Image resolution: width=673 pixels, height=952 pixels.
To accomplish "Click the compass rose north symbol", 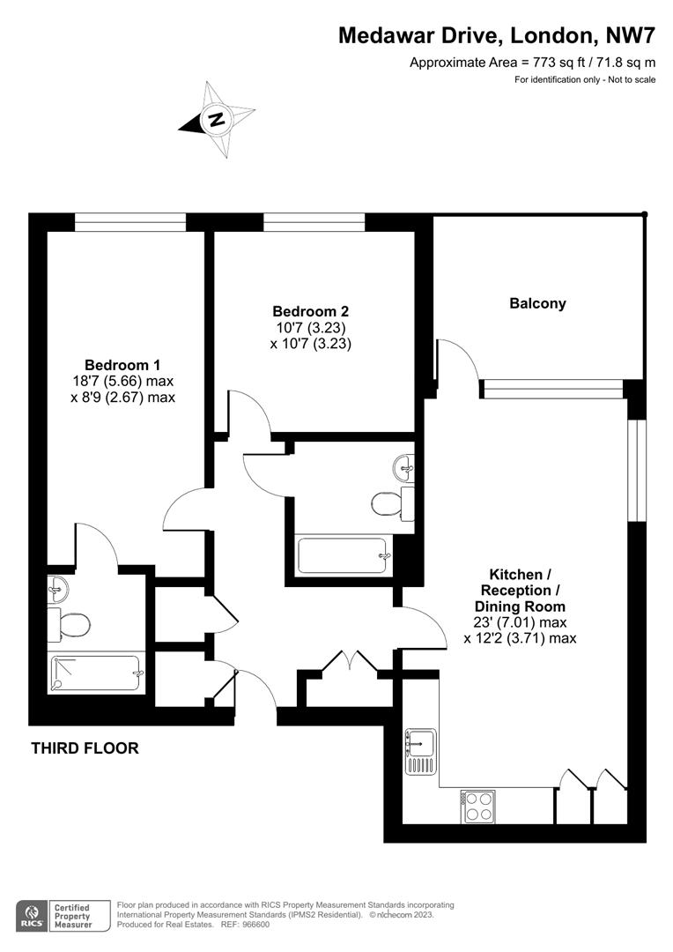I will point(216,118).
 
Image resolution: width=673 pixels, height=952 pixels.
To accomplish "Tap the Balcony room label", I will point(537,303).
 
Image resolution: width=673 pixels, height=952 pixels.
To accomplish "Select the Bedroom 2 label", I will point(310,311).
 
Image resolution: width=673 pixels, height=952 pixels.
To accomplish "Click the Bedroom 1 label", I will point(122,365).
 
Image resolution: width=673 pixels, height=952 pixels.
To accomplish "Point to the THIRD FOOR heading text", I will point(85,748).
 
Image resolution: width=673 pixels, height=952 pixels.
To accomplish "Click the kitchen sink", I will point(421,751).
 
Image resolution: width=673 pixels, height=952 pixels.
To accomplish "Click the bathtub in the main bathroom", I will point(343,555).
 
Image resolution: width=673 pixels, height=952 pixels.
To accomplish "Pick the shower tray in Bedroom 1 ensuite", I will point(97,674).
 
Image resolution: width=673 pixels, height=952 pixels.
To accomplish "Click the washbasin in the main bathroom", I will point(405,463).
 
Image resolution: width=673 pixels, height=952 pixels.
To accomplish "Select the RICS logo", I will point(33,914).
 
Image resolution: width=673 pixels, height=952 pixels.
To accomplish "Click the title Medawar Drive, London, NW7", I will point(498,36).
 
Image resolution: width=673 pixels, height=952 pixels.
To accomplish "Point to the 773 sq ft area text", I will point(534,63).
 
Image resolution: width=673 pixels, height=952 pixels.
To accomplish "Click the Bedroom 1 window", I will point(129,222).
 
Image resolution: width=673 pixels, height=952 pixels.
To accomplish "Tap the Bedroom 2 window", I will point(314,222).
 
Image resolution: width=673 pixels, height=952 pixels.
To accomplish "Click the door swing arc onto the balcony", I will point(460,359).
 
